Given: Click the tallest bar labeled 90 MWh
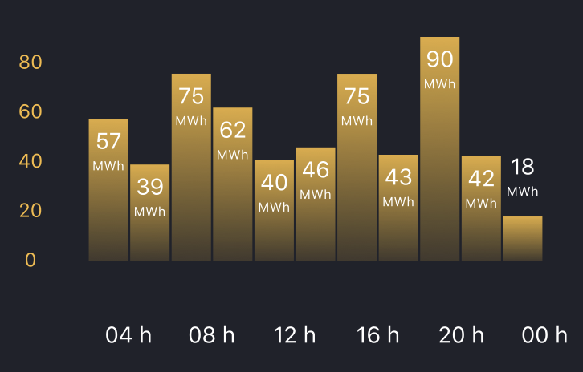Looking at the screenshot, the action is click(440, 149).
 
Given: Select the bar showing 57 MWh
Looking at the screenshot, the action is click(108, 190).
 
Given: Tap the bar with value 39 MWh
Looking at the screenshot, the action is click(150, 212).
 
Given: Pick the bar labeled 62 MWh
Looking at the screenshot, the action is click(233, 184).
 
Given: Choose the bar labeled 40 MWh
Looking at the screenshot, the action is click(274, 211).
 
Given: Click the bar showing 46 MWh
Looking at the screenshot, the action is click(316, 204).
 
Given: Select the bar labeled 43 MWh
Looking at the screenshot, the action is click(398, 208).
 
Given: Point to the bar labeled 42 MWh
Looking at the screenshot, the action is click(482, 209).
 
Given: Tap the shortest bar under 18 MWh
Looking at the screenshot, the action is click(523, 239).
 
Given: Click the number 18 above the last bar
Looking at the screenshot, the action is click(523, 167).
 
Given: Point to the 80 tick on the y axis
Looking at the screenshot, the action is click(31, 62).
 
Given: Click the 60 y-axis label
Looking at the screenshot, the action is click(31, 111).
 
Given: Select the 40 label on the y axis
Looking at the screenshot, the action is click(31, 161).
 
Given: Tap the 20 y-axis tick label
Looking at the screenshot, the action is click(31, 211).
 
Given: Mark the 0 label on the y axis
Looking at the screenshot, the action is click(31, 260).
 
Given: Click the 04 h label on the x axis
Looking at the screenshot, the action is click(128, 335).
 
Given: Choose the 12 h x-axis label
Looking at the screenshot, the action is click(295, 335).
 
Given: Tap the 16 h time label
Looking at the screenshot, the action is click(377, 335).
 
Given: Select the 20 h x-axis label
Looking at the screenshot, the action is click(462, 335).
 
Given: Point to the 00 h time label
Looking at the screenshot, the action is click(544, 335).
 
